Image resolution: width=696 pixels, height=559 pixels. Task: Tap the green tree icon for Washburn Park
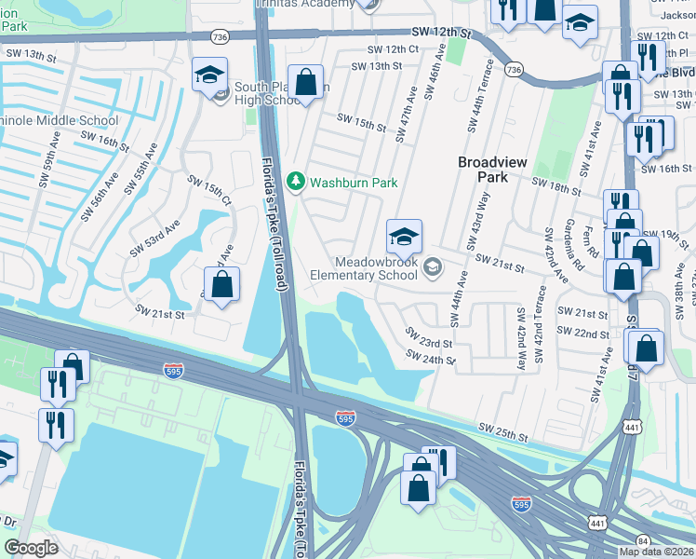click(297, 181)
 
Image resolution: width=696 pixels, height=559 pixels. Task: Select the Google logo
click(31, 548)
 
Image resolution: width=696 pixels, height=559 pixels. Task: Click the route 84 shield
click(643, 539)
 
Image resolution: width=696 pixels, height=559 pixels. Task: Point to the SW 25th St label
click(502, 431)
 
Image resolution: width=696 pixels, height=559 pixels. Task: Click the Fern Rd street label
click(588, 239)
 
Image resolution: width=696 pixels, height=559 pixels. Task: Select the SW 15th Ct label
click(209, 190)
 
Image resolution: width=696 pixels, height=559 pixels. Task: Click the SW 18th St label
click(555, 186)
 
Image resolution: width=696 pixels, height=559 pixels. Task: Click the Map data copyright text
click(657, 552)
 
